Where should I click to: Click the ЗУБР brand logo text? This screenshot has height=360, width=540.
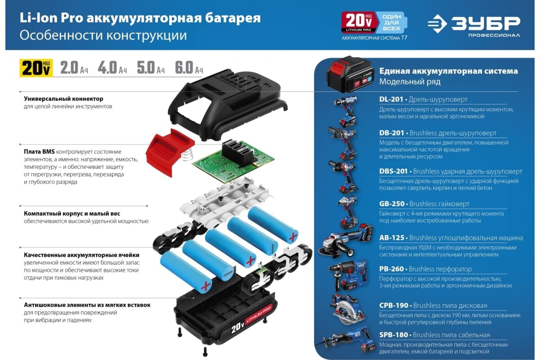(486, 23)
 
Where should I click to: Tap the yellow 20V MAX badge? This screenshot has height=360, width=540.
(36, 68)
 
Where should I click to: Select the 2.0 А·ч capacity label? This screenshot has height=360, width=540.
(74, 67)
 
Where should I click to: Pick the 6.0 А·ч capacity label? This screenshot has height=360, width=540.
(189, 67)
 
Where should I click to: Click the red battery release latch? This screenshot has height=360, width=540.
(170, 152)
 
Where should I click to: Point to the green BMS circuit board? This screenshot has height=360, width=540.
(233, 160)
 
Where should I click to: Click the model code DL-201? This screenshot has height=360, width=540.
(391, 99)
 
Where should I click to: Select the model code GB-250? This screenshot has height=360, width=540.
(392, 204)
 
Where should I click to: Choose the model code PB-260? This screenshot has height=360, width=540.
(391, 269)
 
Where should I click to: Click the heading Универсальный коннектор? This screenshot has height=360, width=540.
(63, 99)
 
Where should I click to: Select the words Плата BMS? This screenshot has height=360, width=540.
(39, 152)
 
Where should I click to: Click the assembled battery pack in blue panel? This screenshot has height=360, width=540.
(350, 74)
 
